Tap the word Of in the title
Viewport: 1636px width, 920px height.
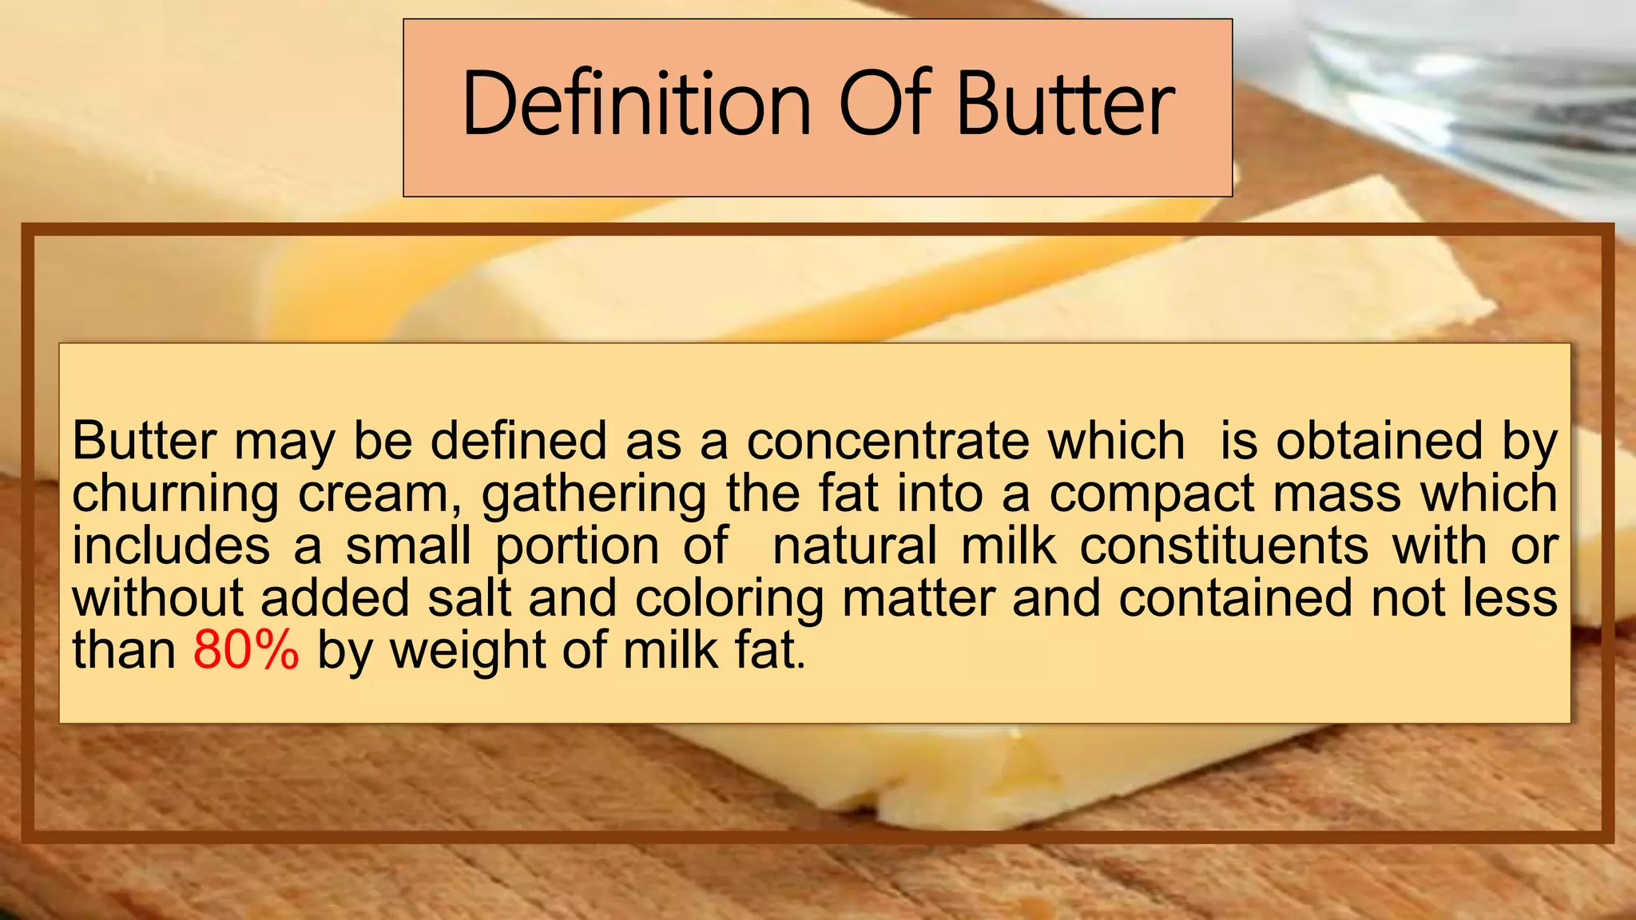884,104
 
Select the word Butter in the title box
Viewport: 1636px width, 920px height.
1066,104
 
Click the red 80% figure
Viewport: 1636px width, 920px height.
246,650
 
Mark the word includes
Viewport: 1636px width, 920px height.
171,547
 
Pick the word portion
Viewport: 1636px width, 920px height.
577,548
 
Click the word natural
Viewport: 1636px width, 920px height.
855,547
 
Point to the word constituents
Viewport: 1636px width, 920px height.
1225,547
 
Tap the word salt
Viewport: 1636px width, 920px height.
469,598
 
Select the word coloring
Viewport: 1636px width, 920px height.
729,600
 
